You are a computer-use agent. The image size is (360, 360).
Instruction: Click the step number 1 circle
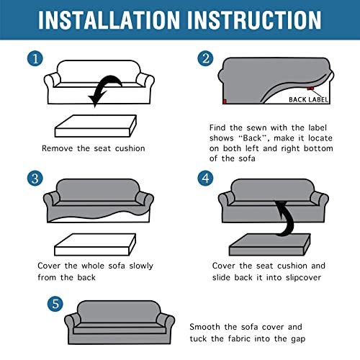coord(35,58)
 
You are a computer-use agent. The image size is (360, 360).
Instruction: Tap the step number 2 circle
coord(205,58)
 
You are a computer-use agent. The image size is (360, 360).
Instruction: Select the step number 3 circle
coord(35,179)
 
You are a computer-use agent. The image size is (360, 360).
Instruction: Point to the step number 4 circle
coord(205,179)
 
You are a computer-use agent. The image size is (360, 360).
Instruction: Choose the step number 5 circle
coord(55,304)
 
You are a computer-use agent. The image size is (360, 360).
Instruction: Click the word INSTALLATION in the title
coord(109,20)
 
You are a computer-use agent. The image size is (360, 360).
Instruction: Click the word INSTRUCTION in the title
coord(254,20)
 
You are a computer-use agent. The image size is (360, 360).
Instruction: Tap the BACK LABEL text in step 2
coord(308,99)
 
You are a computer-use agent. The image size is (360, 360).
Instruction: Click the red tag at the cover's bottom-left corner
coord(225,102)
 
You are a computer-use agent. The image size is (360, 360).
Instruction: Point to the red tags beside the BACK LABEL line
coord(310,89)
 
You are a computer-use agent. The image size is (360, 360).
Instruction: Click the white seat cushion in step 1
coord(96,126)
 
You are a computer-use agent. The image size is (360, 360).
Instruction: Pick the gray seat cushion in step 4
coord(270,244)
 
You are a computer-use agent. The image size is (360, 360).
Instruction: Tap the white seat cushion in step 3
coord(95,244)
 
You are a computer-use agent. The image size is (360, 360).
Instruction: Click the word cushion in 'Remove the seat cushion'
coord(130,148)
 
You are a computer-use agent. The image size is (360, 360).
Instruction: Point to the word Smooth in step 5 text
coord(204,327)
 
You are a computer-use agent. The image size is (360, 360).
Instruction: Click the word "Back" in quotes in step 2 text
coord(253,138)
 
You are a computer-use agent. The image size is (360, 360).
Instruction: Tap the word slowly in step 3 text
coord(141,266)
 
